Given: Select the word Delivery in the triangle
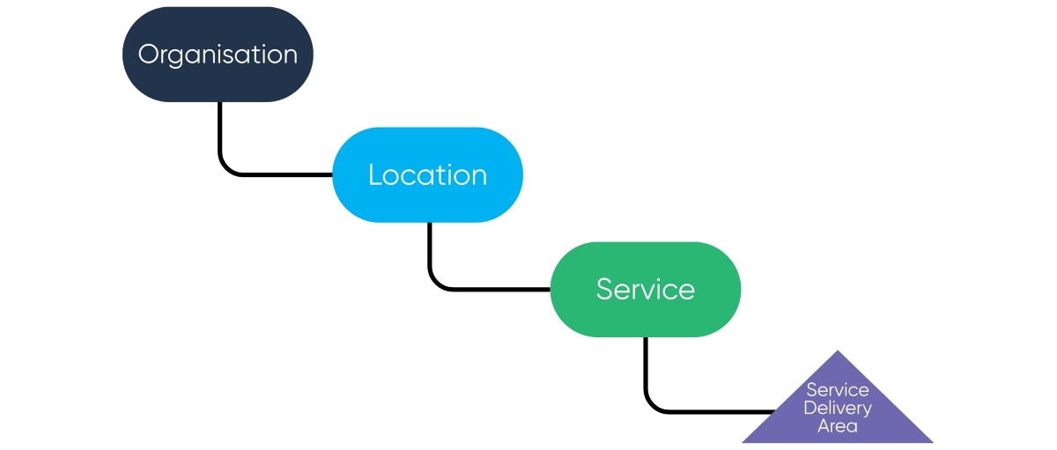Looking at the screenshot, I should click(x=837, y=408).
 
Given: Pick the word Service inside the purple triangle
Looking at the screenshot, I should click(x=837, y=390).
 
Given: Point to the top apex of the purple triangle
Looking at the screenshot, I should click(x=837, y=353).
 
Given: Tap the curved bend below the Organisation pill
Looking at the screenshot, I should click(x=225, y=167).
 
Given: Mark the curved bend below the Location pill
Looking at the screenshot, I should click(x=435, y=282).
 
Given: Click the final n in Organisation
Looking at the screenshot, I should click(x=290, y=55).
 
